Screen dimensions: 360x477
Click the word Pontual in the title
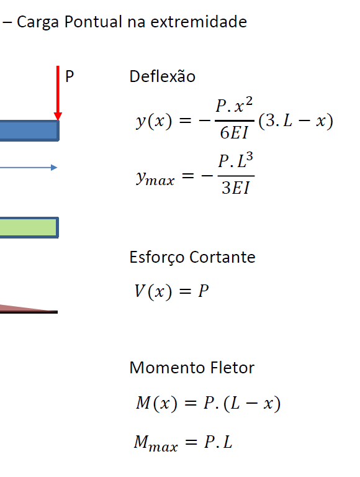point(93,22)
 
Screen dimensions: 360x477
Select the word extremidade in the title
point(199,22)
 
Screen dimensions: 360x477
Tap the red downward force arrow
point(58,93)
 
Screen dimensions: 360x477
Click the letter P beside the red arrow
point(70,76)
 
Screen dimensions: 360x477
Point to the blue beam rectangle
point(29,130)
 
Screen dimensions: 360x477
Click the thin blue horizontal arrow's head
point(54,168)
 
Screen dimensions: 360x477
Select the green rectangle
point(29,227)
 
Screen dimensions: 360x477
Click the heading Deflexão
point(163,76)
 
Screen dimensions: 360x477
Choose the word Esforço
point(157,257)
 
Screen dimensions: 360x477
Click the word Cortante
point(222,257)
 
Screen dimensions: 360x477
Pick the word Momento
point(167,368)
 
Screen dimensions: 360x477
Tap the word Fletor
point(232,368)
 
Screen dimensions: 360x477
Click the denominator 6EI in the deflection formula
point(234,133)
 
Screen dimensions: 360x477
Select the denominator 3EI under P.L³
point(236,188)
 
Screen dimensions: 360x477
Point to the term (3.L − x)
point(296,120)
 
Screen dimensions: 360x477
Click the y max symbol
point(155,178)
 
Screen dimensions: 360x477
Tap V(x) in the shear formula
point(153,291)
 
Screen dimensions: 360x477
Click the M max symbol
point(156,443)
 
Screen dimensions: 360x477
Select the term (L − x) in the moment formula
point(252,404)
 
